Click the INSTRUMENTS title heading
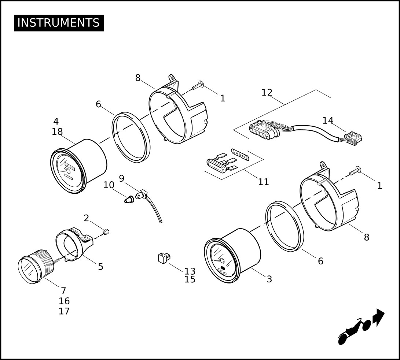(59, 23)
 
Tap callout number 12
(267, 93)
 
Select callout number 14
(328, 120)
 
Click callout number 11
(263, 182)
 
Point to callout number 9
(122, 178)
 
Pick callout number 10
(109, 185)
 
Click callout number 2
(86, 218)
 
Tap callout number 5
(100, 267)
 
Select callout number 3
(269, 279)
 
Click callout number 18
(57, 132)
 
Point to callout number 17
(64, 311)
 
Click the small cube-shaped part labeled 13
(164, 258)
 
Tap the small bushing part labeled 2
(106, 231)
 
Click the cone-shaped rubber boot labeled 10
(129, 200)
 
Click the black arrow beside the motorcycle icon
(379, 317)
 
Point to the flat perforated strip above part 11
(241, 155)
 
